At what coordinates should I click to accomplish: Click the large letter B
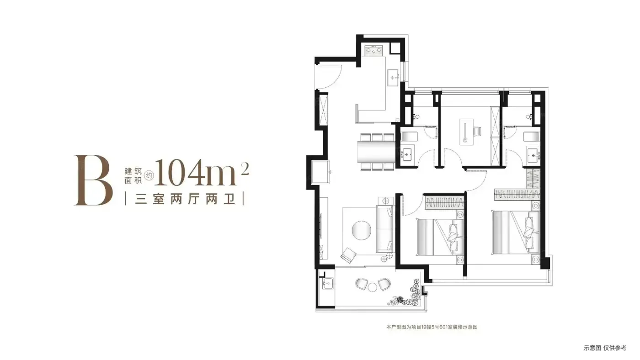point(93,180)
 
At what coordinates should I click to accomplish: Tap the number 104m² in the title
point(202,172)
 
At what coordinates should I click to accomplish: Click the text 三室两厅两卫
point(185,199)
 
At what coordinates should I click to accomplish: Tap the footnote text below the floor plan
point(432,327)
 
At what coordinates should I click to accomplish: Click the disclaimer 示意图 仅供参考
point(605,348)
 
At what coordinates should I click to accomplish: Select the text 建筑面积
point(133,176)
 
